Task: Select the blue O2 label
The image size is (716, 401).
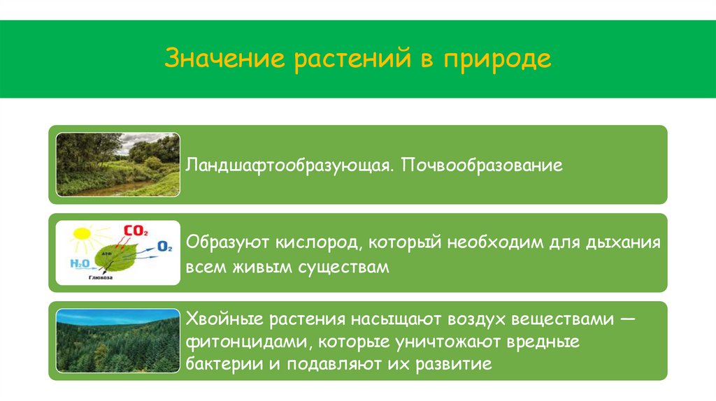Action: click(165, 246)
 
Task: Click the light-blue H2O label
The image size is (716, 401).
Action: click(79, 263)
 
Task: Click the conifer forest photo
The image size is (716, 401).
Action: click(117, 342)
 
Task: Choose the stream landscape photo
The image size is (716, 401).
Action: click(117, 165)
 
